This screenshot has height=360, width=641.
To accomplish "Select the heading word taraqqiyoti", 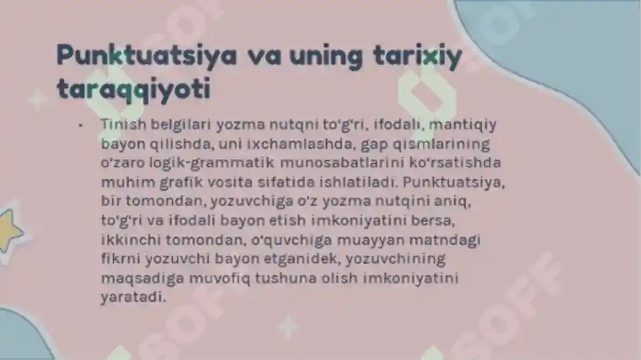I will pos(133,89).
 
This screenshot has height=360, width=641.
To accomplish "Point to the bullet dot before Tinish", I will pos(80,125).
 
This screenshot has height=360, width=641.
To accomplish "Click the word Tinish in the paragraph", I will pos(119,124).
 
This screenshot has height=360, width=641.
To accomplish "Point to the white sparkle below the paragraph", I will pos(289,327).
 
